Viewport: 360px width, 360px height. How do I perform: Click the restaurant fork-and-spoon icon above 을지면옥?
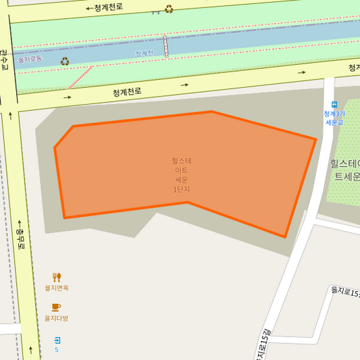click(x=57, y=277)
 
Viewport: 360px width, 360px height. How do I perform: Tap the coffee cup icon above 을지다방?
click(x=56, y=307)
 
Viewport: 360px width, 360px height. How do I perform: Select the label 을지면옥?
click(x=57, y=288)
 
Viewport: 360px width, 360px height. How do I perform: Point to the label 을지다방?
click(x=57, y=318)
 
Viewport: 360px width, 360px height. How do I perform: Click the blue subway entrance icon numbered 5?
click(x=57, y=340)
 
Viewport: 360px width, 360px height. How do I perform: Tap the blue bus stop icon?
click(x=334, y=104)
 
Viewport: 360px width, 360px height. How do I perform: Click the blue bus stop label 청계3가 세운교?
click(x=334, y=118)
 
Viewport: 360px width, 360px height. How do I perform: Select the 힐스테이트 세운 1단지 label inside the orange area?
click(x=182, y=175)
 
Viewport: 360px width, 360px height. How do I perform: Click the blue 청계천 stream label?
click(x=145, y=53)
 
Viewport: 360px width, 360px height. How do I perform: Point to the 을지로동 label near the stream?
click(x=30, y=59)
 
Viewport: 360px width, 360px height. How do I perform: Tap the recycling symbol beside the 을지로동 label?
click(x=65, y=61)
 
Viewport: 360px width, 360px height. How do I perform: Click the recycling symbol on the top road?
click(x=169, y=9)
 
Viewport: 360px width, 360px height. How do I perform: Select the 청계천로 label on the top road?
click(x=109, y=7)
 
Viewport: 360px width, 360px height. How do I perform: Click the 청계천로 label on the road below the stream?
click(x=127, y=92)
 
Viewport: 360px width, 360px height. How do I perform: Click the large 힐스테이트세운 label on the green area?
click(x=344, y=170)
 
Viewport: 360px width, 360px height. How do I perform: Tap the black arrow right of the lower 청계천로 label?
click(x=184, y=85)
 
